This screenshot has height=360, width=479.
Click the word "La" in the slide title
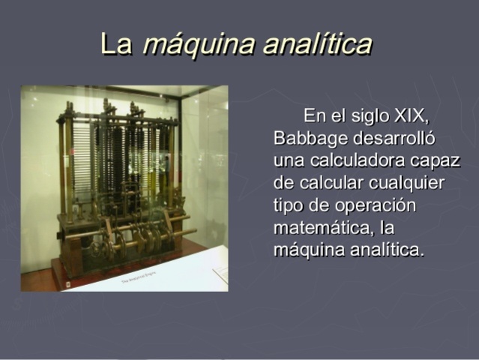point(115,44)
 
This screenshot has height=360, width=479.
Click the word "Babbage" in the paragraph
point(307,139)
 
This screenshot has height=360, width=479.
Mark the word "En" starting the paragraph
point(315,117)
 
